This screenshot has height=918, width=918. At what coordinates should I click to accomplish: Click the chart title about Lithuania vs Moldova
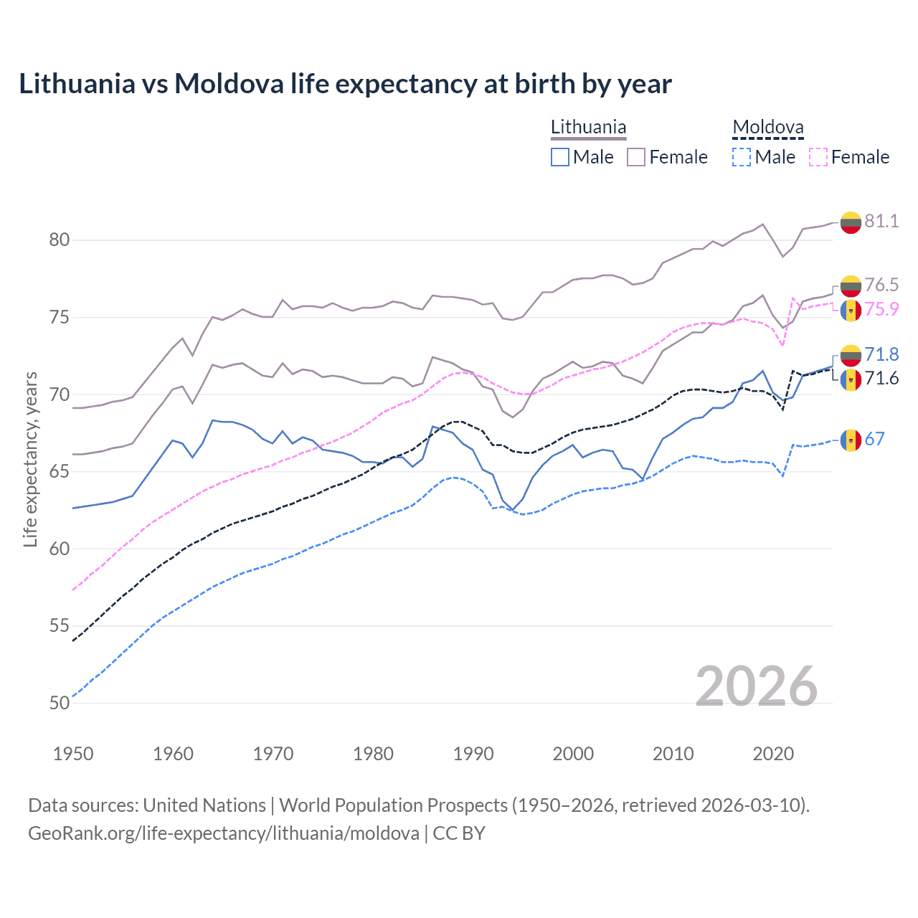[x=345, y=84]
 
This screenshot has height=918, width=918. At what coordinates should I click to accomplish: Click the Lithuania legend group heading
[x=588, y=128]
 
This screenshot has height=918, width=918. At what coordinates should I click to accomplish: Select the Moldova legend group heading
[x=767, y=128]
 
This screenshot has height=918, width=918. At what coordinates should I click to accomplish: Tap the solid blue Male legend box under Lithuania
[x=560, y=157]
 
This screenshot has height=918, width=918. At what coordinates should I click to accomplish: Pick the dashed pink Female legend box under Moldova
[x=818, y=157]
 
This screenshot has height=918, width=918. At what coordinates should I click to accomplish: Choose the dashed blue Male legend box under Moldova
[x=742, y=157]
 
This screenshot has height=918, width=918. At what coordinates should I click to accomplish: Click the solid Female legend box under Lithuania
[x=636, y=157]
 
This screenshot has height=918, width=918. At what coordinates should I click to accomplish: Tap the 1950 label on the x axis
[x=73, y=754]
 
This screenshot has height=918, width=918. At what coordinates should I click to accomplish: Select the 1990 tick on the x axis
[x=473, y=754]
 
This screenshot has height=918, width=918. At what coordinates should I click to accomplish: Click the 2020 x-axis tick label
[x=773, y=754]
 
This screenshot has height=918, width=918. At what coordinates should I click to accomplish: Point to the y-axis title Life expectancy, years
[x=31, y=459]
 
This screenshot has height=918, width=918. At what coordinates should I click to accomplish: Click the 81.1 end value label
[x=881, y=221]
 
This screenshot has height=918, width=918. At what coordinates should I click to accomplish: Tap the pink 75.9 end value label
[x=881, y=309]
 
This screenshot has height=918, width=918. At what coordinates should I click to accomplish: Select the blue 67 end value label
[x=874, y=439]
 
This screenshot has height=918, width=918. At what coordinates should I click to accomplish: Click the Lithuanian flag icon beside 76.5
[x=851, y=286]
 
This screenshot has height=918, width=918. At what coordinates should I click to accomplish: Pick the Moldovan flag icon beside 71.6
[x=851, y=379]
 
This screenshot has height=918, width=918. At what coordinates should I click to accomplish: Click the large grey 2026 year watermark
[x=756, y=686]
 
